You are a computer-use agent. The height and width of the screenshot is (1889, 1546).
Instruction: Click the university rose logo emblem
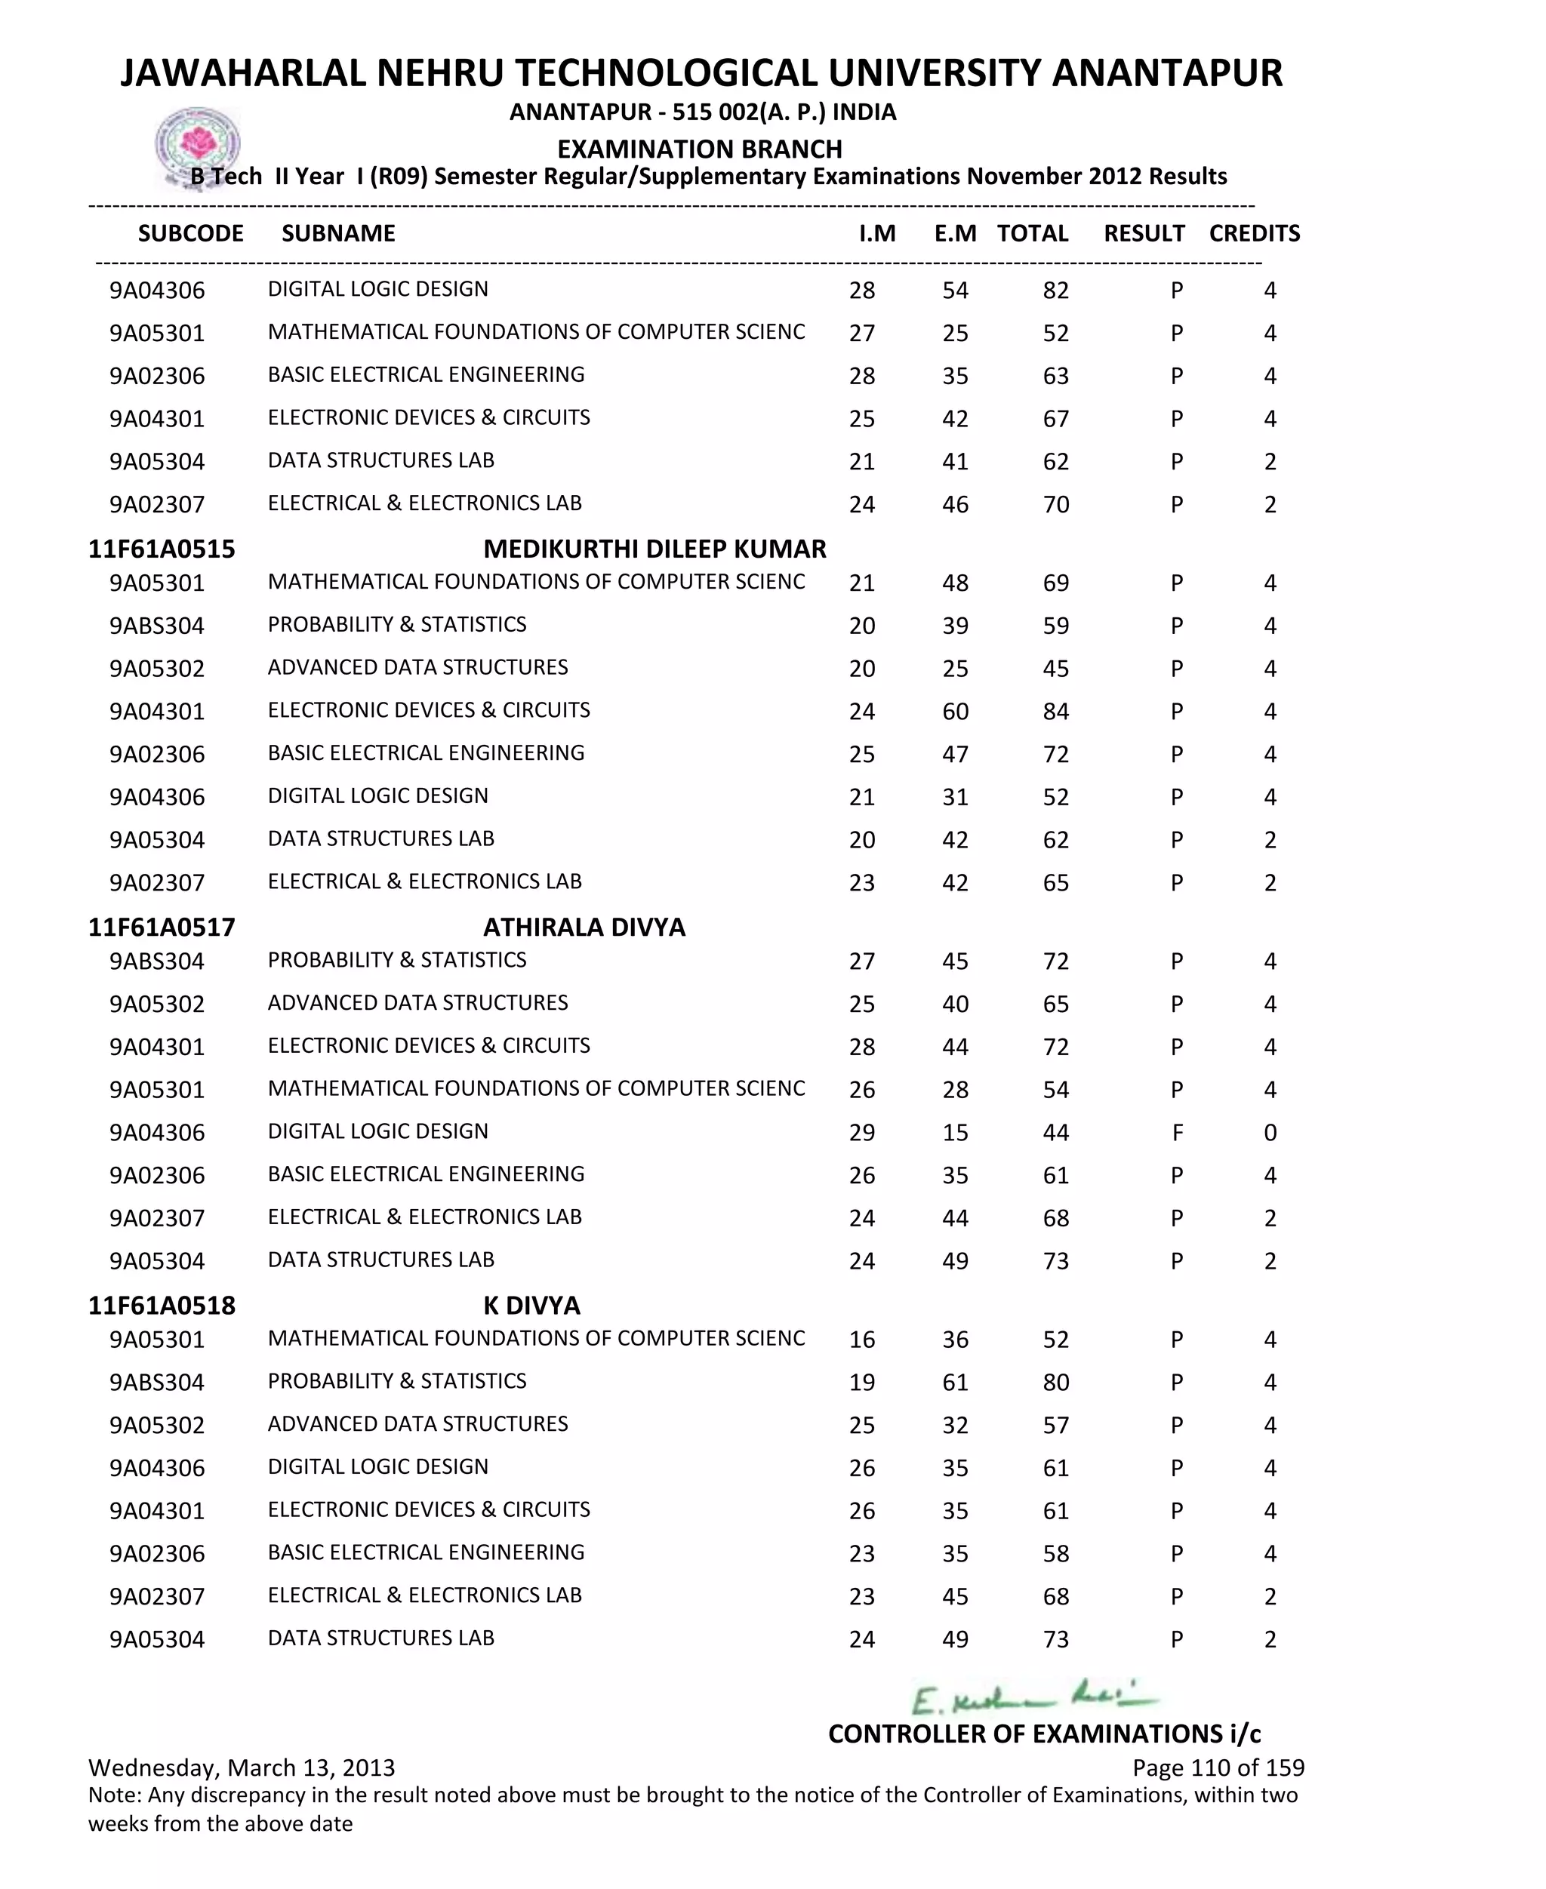click(198, 145)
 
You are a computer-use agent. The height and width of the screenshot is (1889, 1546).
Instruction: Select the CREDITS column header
click(1254, 233)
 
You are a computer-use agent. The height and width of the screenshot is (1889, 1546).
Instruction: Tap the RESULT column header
click(1144, 233)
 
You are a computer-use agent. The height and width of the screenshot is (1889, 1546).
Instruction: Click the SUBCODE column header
click(190, 233)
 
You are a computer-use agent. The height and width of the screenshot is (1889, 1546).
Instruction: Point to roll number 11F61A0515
click(162, 549)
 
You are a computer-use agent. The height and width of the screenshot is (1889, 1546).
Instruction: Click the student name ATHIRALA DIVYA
click(584, 928)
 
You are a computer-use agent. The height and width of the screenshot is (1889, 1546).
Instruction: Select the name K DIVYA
click(531, 1306)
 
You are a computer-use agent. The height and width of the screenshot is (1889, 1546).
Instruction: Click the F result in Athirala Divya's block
click(1178, 1134)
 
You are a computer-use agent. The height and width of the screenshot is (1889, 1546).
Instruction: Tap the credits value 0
click(1270, 1134)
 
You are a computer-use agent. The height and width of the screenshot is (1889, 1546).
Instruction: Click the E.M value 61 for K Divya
click(955, 1383)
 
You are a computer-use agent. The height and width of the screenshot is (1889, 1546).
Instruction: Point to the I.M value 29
click(861, 1134)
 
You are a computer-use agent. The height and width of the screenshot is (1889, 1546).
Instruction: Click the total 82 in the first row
click(1055, 291)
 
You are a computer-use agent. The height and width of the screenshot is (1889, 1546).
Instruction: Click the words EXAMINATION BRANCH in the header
click(699, 149)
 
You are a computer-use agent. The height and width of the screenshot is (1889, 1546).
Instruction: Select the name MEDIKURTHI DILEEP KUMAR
click(654, 549)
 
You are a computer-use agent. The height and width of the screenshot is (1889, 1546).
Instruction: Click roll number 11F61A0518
click(162, 1306)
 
